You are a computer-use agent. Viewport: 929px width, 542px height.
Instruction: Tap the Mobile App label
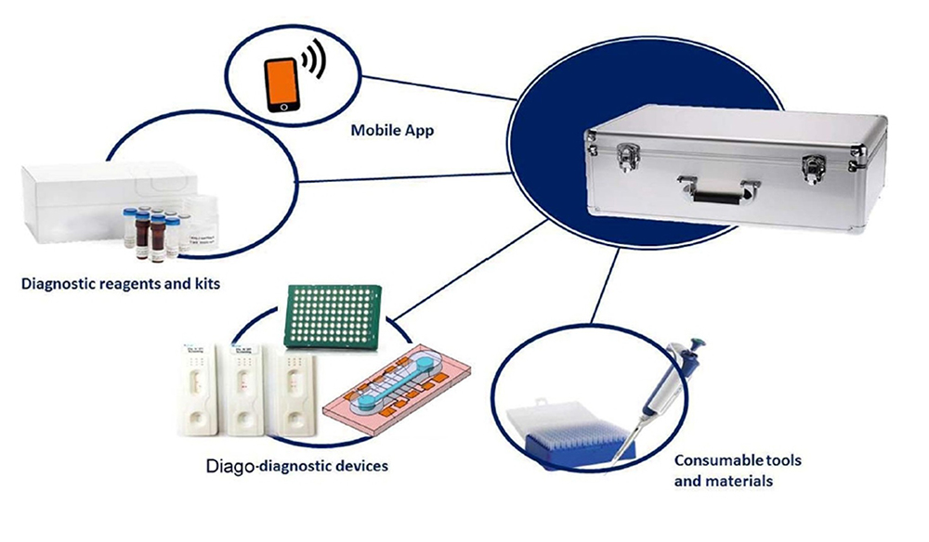(392, 131)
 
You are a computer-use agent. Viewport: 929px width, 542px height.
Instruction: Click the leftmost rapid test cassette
(199, 389)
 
